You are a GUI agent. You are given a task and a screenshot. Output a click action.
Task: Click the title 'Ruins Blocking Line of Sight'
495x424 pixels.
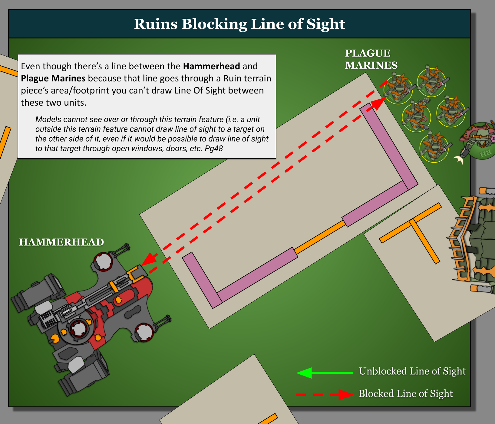239,24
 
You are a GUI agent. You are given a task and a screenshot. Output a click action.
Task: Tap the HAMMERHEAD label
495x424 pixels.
61,242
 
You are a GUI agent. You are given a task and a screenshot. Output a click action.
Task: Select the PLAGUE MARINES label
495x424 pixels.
371,59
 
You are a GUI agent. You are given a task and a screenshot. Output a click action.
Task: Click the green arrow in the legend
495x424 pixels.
325,373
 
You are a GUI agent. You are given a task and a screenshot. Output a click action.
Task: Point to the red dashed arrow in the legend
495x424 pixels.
325,394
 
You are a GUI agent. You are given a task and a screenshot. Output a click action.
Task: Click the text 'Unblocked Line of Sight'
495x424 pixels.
412,371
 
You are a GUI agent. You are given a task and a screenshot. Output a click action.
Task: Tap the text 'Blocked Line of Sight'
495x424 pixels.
406,393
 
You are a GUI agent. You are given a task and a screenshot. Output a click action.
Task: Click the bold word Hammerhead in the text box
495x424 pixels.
211,66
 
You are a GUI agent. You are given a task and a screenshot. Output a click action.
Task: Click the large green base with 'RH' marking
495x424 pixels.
481,141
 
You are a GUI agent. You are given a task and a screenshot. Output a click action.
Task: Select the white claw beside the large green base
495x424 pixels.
459,160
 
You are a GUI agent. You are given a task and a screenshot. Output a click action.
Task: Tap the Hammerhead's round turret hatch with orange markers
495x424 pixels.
79,329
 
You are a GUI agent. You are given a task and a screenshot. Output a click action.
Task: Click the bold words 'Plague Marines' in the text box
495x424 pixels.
53,78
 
